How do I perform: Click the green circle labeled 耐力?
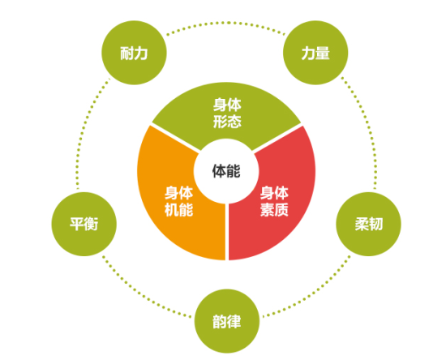pos(134,53)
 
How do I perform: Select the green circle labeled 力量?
pos(315,53)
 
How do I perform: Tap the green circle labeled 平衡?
pos(84,224)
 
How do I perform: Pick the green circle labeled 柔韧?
pos(369,224)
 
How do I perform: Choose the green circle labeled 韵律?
pos(227,321)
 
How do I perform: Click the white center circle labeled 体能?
pos(226,171)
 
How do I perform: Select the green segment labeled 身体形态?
pos(226,114)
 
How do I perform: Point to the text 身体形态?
pos(227,114)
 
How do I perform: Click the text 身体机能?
pos(179,201)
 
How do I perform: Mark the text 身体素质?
pos(274,201)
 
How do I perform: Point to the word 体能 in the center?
pos(226,171)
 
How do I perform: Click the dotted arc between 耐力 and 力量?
pos(226,23)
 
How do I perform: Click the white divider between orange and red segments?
pos(227,232)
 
